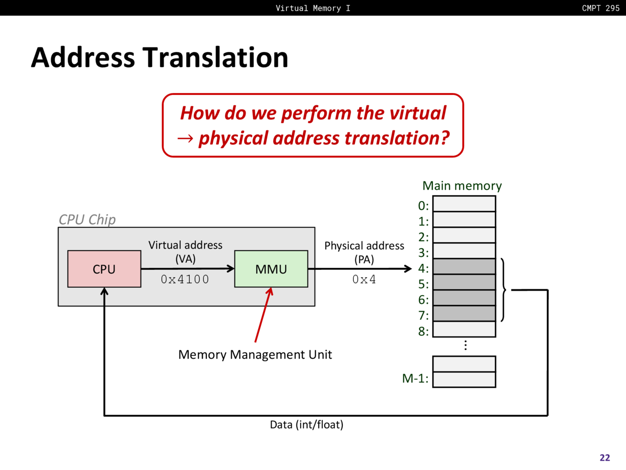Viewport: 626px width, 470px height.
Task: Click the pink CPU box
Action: [x=104, y=269]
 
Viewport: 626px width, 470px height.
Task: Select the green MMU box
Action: [x=271, y=269]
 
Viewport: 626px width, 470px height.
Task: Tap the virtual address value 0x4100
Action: [x=185, y=280]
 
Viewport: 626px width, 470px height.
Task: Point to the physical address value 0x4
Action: [x=364, y=280]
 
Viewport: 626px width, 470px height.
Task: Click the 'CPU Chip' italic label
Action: [x=87, y=220]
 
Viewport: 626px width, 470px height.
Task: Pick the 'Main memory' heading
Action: [x=462, y=186]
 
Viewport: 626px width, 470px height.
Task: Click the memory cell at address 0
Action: [x=464, y=204]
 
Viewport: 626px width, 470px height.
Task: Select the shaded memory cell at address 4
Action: [x=464, y=266]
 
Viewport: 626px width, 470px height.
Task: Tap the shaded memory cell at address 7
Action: [x=464, y=314]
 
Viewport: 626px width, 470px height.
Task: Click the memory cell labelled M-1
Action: [x=464, y=379]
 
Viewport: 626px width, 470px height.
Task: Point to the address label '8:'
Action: [x=424, y=331]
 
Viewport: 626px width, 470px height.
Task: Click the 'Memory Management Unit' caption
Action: [x=255, y=355]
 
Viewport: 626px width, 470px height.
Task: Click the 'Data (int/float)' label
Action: [x=307, y=425]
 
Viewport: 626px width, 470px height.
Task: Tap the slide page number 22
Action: [x=605, y=458]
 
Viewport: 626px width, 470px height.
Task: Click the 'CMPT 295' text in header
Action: [x=601, y=8]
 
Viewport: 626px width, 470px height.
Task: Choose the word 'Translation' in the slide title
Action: [x=215, y=57]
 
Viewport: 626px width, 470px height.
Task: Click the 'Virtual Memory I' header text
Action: [x=313, y=8]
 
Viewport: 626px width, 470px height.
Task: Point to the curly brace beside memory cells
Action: [x=503, y=290]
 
